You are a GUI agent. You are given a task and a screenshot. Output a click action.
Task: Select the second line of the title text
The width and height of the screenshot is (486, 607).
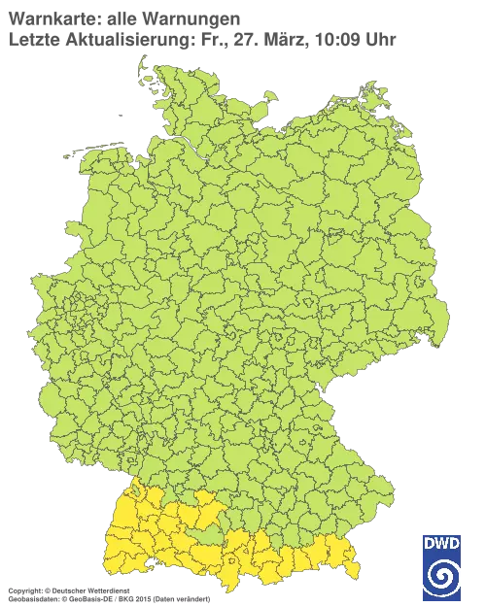(199, 38)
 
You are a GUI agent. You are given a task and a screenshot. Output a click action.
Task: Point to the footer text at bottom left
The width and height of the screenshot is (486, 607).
(68, 590)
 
